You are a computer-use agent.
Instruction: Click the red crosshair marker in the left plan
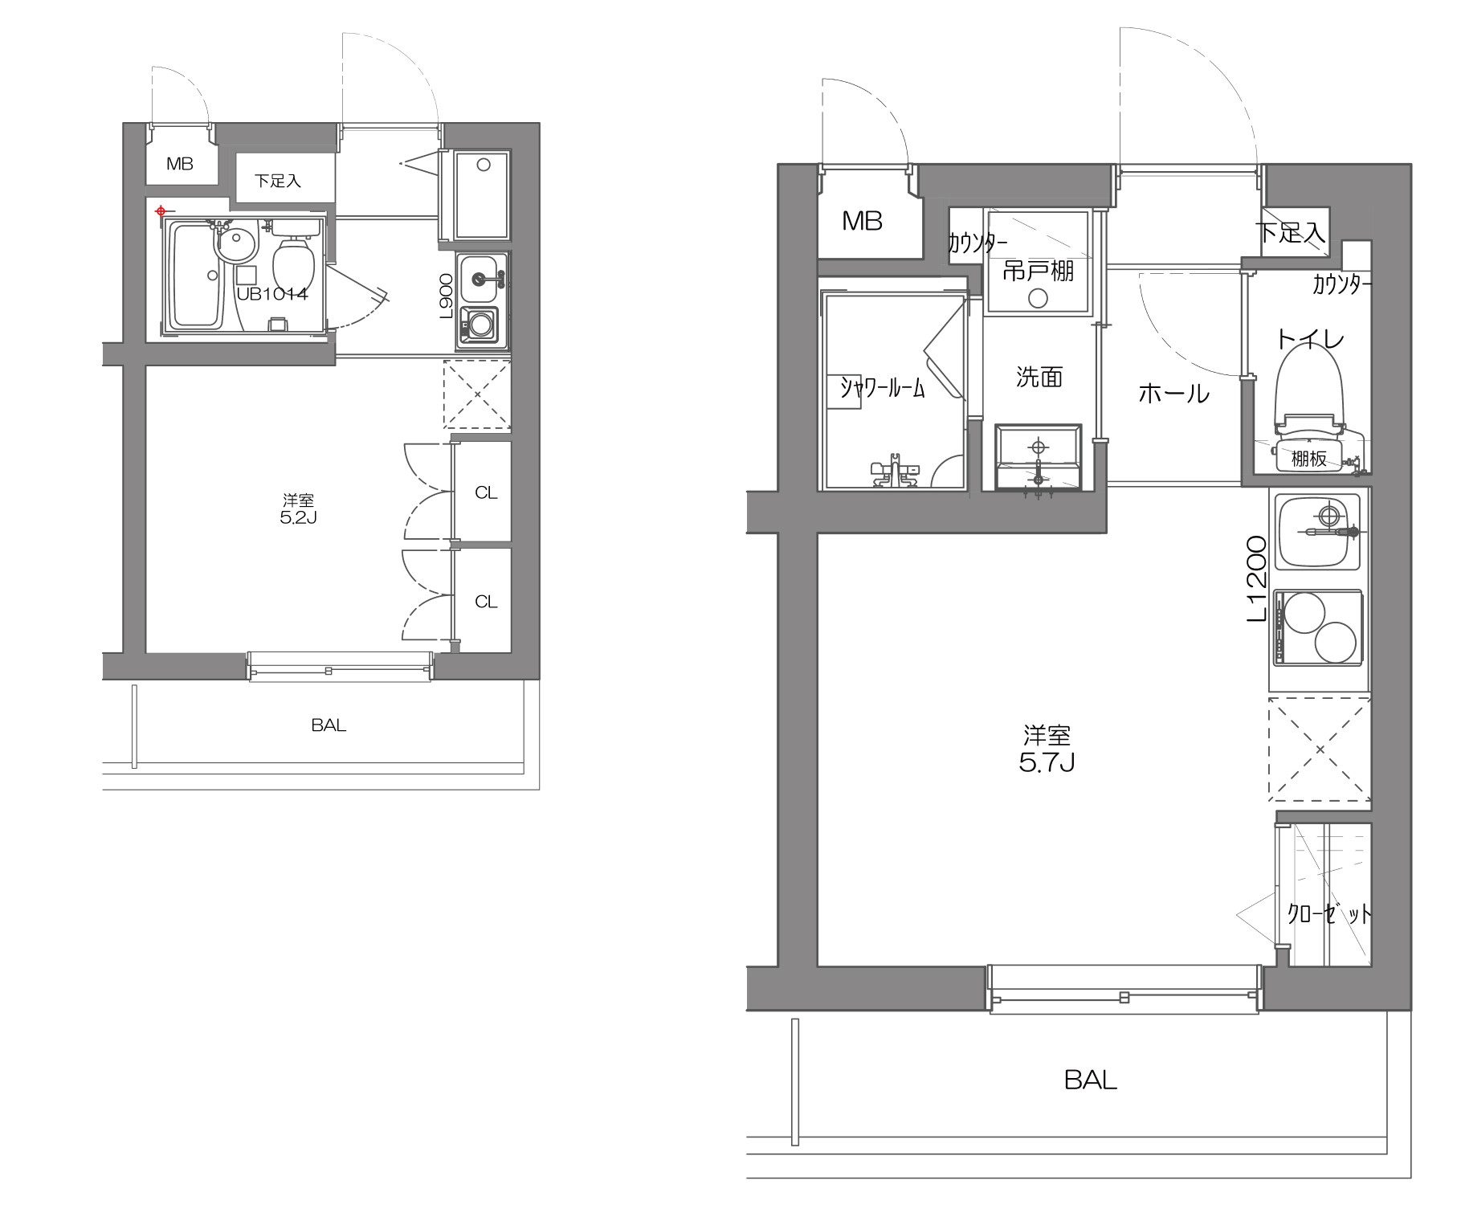161,211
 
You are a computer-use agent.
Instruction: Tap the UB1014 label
271,294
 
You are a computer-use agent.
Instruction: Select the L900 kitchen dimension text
447,296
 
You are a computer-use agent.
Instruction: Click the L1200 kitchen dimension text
1256,578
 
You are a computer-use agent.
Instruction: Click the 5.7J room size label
1047,762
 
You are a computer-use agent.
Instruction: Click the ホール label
1173,394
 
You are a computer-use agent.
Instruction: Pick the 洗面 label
1039,377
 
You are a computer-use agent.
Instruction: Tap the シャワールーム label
882,388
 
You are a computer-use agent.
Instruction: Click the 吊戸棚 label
1038,271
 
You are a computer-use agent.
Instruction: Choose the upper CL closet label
486,492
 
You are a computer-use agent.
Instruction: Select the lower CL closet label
486,601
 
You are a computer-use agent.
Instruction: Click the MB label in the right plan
862,221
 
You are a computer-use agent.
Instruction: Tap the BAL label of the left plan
329,725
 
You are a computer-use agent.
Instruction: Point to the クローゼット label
1329,914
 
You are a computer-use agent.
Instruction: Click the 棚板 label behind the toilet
1308,459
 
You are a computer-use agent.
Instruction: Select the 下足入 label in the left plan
278,182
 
